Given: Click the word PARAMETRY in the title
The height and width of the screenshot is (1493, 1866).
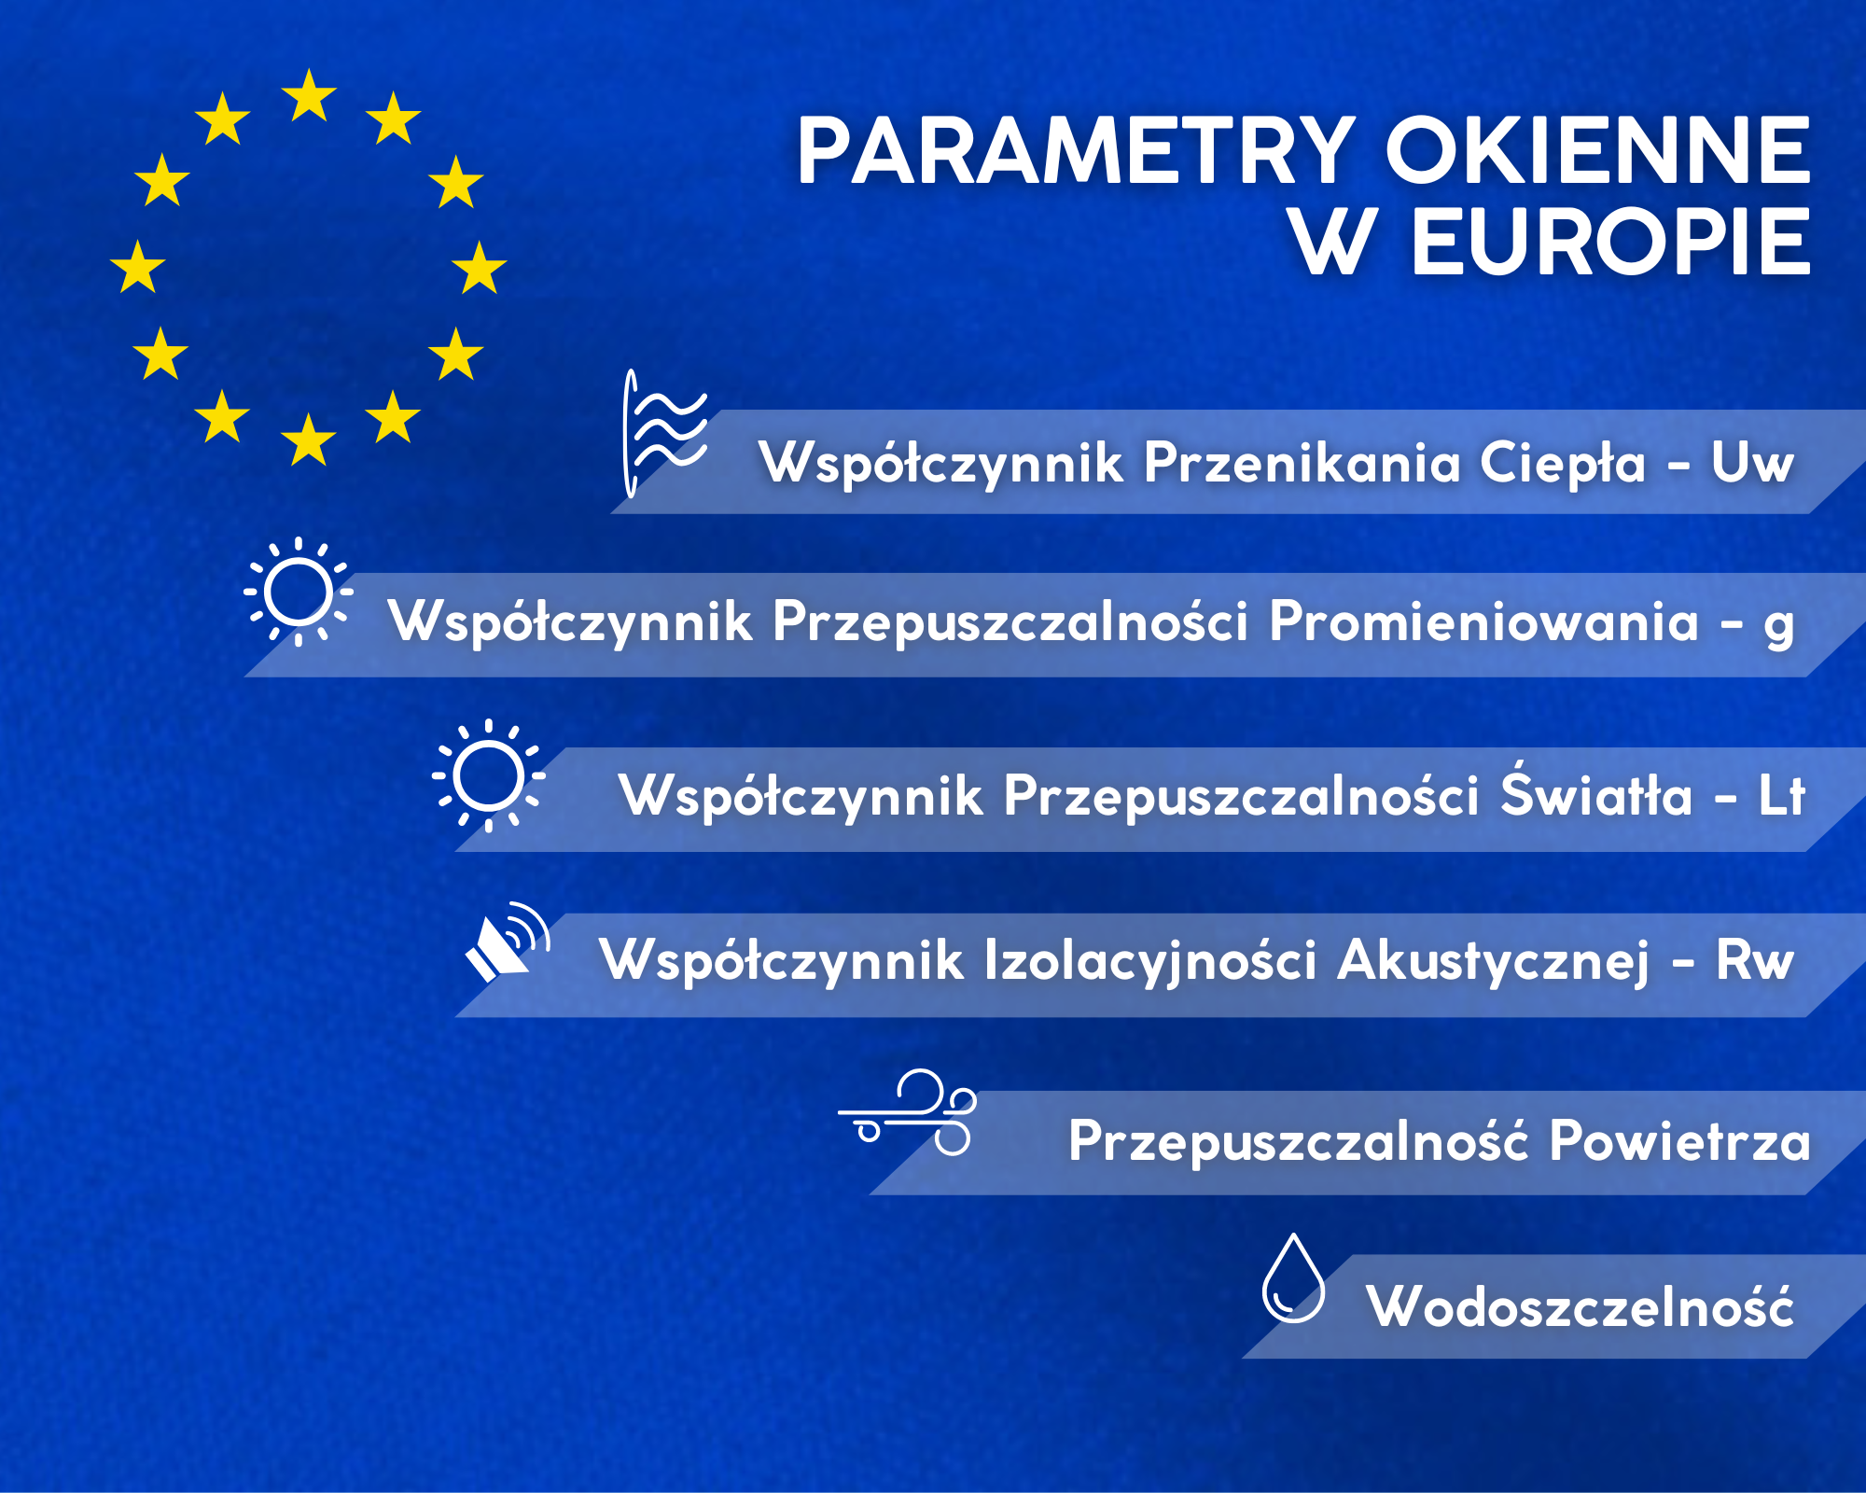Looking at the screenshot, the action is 1075,151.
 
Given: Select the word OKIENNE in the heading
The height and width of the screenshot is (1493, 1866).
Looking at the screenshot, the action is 1598,151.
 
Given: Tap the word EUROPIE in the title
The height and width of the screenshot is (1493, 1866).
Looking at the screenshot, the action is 1610,243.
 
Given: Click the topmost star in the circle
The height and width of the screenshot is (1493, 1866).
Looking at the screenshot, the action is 309,96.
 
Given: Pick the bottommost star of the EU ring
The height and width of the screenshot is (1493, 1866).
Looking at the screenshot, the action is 309,440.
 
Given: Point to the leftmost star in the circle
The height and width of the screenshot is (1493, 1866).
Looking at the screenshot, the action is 138,267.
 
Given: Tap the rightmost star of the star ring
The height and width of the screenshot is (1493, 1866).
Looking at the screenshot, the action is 480,268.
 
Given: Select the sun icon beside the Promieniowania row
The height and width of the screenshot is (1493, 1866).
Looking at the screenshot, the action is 299,591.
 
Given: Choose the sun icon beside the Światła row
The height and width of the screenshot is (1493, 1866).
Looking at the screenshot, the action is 488,775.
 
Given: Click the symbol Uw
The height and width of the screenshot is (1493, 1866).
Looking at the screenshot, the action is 1752,463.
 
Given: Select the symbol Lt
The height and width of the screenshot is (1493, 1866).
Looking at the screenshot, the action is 1781,796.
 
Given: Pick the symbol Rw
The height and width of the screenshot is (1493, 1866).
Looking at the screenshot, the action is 1755,960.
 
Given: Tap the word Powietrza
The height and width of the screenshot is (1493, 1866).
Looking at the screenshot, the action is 1679,1140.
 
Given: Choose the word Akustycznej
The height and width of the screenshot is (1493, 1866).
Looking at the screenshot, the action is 1494,962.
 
